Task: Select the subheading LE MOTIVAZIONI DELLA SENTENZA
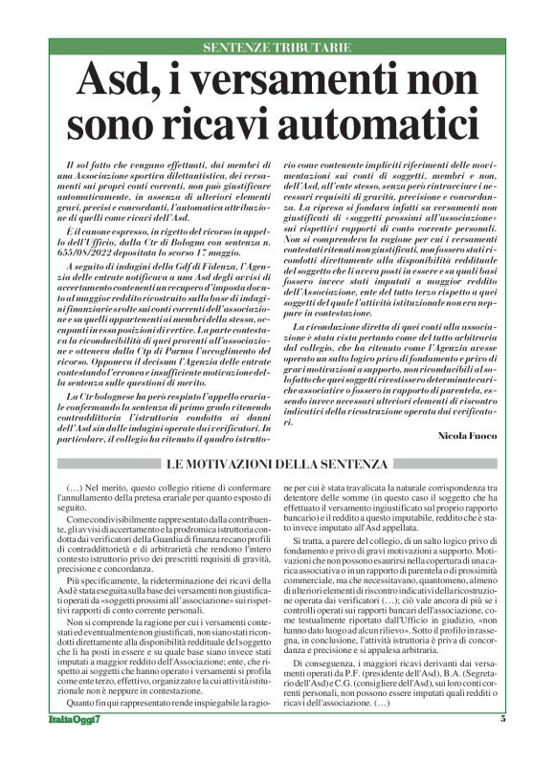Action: pos(277,464)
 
